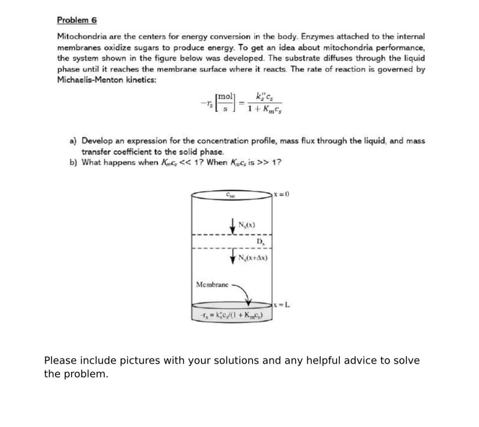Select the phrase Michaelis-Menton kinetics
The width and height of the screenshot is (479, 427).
[x=106, y=80]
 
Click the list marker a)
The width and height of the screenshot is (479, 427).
[x=73, y=141]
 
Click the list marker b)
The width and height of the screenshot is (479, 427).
[x=73, y=162]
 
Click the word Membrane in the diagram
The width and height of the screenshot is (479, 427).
[x=212, y=284]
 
